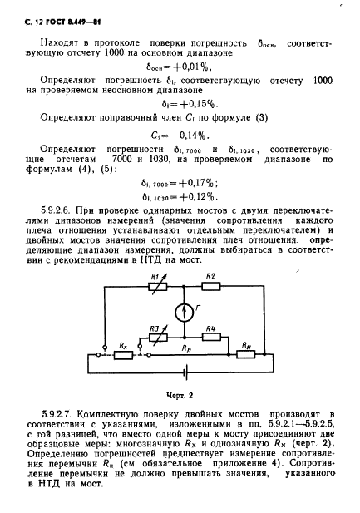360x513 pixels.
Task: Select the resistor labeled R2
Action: [x=212, y=287]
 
